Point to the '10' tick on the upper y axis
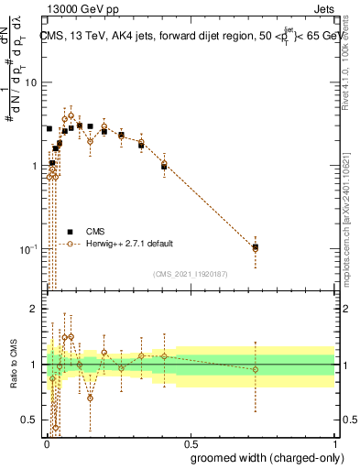(x=30, y=82)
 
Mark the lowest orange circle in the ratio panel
(x=56, y=427)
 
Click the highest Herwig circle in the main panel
(x=71, y=115)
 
